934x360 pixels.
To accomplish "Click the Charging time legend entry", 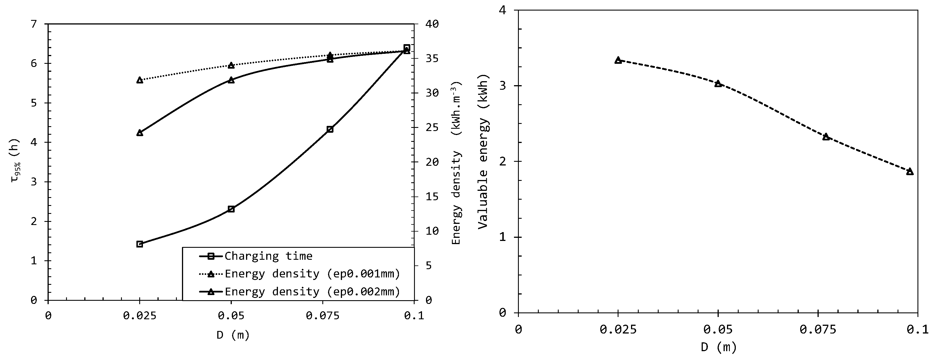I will coord(268,256).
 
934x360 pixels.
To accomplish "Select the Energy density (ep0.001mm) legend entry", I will coord(312,274).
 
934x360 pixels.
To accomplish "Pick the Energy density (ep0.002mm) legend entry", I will coord(312,291).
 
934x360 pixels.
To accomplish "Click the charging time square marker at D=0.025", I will coord(140,244).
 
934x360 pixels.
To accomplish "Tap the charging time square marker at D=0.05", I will coord(231,209).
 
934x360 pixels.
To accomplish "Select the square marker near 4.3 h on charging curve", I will coord(330,129).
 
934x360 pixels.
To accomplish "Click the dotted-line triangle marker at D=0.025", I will coord(140,80).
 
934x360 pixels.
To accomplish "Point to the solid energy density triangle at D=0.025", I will coord(140,133).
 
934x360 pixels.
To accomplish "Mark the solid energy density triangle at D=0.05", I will coord(231,80).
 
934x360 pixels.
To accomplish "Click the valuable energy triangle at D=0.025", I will coord(618,60).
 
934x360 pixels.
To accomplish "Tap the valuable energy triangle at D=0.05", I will coord(718,83).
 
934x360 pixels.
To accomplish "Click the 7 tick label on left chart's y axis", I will coord(34,24).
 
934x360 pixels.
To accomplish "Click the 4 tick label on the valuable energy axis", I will coord(503,10).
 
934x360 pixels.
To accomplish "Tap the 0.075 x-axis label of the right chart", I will coord(818,330).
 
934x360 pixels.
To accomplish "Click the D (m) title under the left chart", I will coord(233,335).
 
